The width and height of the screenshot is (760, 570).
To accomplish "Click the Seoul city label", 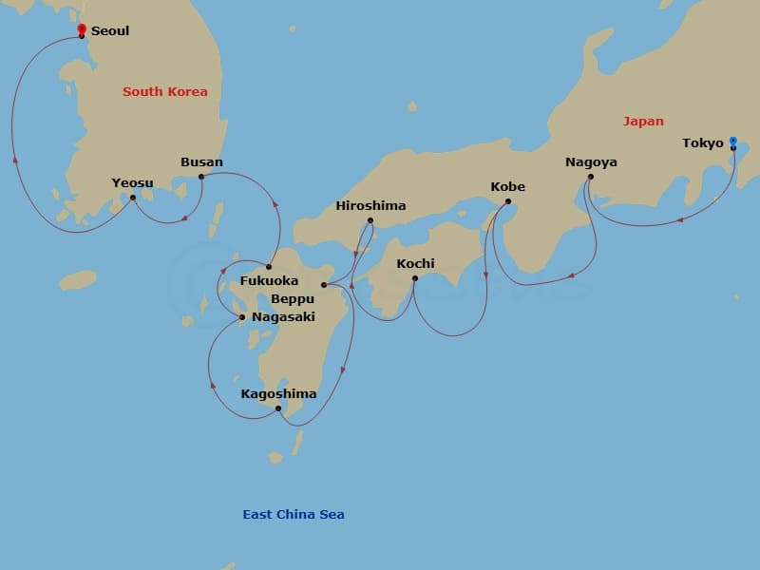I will click(109, 31).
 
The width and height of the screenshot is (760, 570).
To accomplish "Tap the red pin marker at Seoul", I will click(82, 28).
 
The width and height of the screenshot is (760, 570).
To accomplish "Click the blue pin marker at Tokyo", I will click(733, 142).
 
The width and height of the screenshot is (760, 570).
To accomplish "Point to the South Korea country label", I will click(165, 92).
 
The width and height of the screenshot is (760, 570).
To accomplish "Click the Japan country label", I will click(643, 122).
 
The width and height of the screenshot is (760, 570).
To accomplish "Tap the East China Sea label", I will click(294, 515).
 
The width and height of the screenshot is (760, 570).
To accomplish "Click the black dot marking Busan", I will click(201, 177).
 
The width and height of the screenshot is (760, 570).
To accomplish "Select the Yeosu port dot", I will click(133, 198).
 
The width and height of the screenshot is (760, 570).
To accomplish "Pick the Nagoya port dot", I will click(590, 177).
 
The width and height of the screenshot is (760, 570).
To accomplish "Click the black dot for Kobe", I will click(508, 201).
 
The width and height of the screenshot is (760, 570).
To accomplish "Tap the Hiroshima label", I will click(370, 206).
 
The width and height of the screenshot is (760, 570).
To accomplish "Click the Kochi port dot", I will click(415, 278).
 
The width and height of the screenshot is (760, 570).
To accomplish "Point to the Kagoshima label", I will click(278, 394).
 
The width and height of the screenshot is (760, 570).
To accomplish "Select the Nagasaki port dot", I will click(242, 317).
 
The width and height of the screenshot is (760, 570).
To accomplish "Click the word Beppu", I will click(293, 298).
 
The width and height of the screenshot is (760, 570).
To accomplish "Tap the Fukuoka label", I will click(269, 281).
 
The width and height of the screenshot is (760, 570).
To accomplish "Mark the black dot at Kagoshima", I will click(278, 409).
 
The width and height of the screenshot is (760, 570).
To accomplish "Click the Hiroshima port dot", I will click(370, 221).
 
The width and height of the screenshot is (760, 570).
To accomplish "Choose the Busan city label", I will click(201, 161).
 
